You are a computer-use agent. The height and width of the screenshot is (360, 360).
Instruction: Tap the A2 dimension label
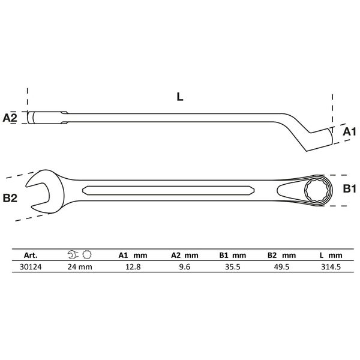coord(10,117)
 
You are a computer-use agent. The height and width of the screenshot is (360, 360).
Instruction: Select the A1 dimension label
coord(349,131)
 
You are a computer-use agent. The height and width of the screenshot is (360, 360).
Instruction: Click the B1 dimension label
coord(349,190)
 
